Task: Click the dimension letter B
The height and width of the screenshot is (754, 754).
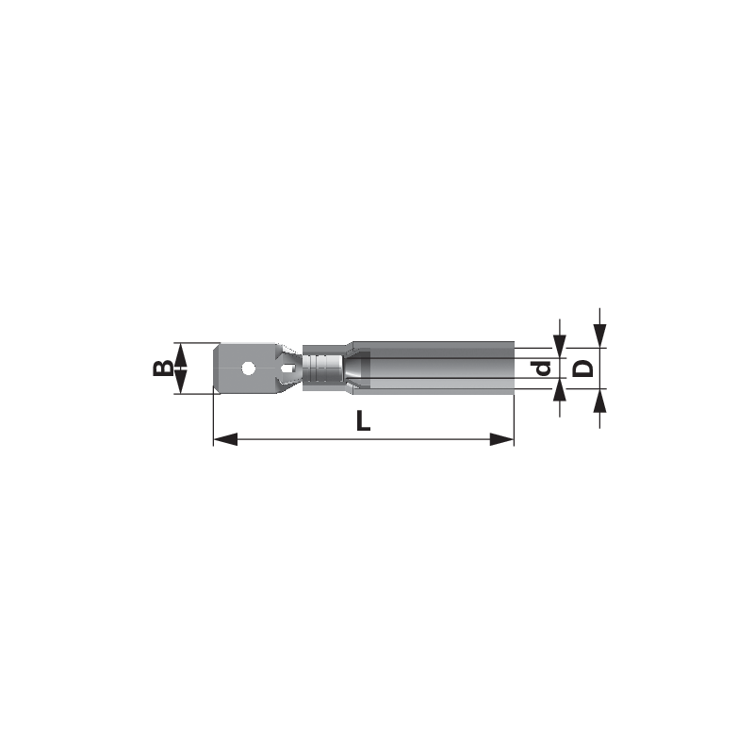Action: (x=162, y=368)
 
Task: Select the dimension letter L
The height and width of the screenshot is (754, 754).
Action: (x=363, y=420)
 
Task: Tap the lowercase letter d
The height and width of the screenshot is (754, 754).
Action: (x=543, y=368)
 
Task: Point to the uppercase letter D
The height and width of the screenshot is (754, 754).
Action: (x=584, y=368)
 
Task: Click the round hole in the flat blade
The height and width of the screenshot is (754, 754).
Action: (x=249, y=369)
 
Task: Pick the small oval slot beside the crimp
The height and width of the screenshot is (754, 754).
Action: (x=287, y=369)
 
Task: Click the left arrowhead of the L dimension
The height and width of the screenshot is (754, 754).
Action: (x=225, y=439)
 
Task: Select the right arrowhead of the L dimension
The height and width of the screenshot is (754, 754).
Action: (x=501, y=439)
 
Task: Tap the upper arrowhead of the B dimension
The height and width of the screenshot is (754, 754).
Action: (x=179, y=355)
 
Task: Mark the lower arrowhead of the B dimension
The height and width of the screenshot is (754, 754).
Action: (x=179, y=382)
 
